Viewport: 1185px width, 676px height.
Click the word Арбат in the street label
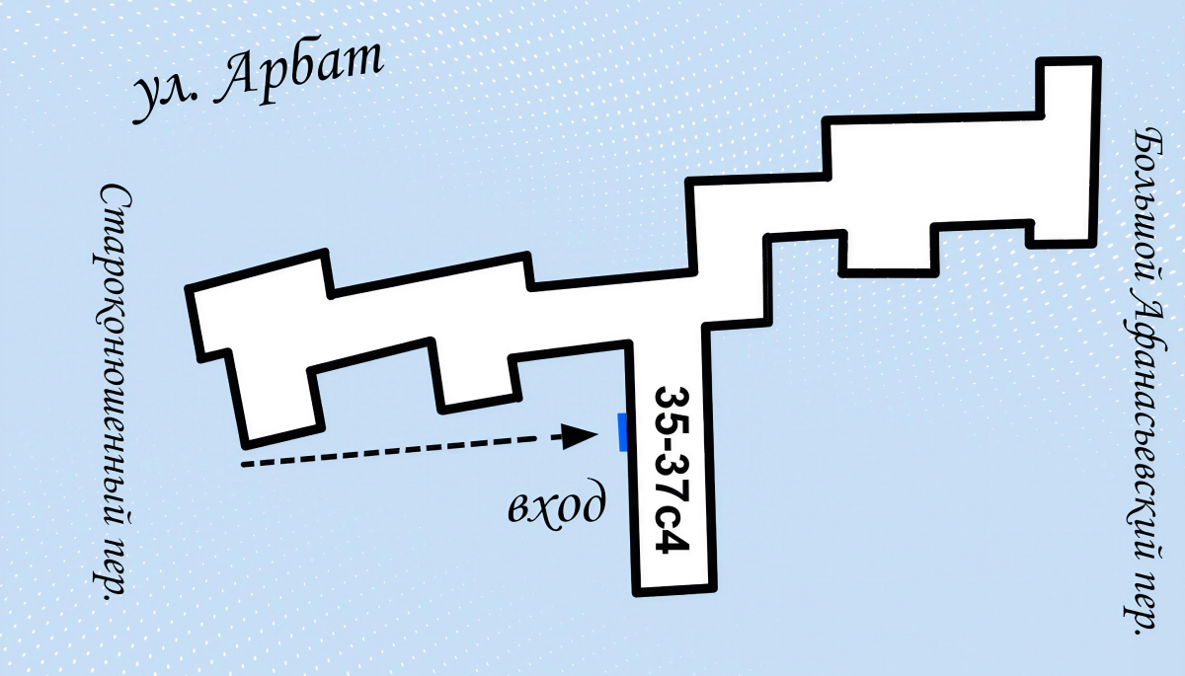[x=298, y=72]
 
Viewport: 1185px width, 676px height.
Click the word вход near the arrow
[x=557, y=502]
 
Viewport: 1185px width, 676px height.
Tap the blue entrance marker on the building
[x=623, y=432]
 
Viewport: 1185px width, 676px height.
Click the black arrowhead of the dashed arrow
[x=580, y=436]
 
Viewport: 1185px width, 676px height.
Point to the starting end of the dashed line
[x=243, y=465]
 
